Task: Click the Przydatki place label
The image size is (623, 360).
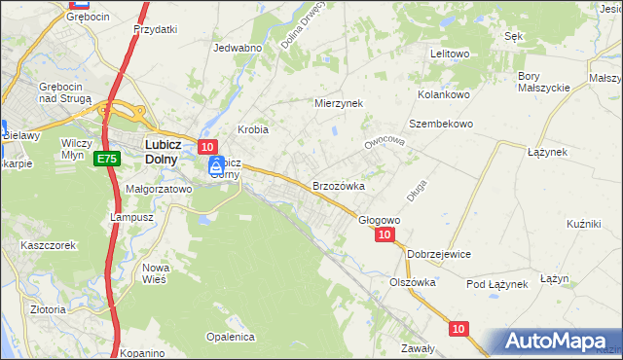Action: point(156,29)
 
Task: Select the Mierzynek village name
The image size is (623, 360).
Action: point(339,102)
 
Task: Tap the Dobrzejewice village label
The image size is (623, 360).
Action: point(439,253)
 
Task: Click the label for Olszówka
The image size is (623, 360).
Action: point(412,281)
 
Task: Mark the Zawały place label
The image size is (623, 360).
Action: point(418,348)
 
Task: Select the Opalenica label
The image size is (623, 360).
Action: point(230,337)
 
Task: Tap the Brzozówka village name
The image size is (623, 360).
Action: point(338,185)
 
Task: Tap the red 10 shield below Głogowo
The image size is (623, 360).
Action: point(385,234)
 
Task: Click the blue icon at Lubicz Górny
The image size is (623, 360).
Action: point(216,166)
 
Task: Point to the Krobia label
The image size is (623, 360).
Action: point(253,129)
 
